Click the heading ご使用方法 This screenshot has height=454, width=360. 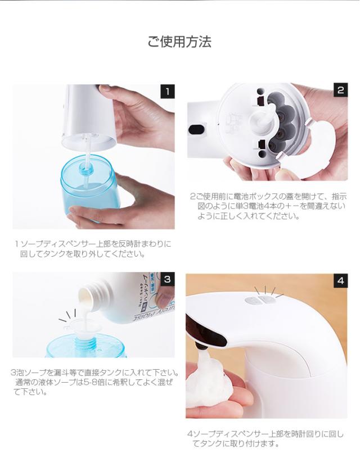tap(179, 42)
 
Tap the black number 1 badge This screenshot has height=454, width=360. tap(168, 92)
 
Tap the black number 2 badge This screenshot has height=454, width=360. tap(340, 90)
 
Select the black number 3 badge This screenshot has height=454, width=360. tap(168, 279)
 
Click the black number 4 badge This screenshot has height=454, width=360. tap(340, 280)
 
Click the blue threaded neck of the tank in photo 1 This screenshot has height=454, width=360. tap(87, 168)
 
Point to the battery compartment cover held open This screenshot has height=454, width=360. tap(309, 148)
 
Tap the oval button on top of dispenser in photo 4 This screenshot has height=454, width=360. tap(260, 300)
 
